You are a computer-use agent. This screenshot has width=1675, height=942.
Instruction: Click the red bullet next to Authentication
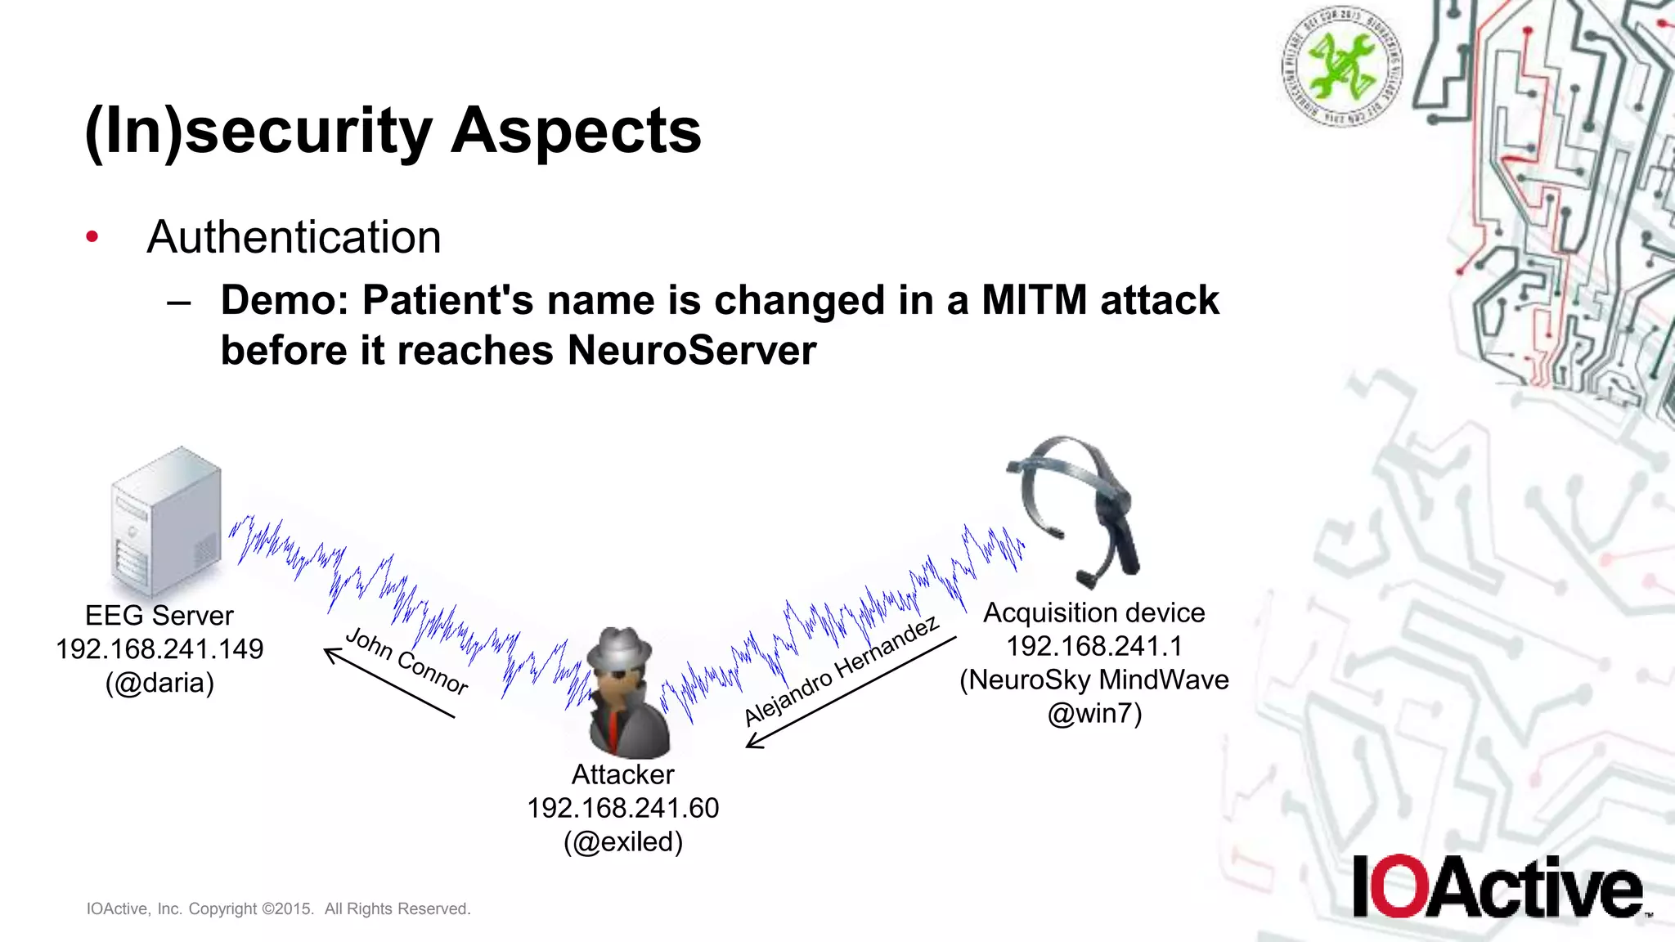[92, 237]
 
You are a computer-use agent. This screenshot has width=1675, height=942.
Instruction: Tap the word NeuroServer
[691, 351]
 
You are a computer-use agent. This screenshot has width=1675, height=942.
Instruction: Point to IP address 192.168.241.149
[159, 649]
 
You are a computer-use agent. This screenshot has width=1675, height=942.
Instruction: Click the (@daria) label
[159, 683]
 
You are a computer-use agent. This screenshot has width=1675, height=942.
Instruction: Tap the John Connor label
[406, 661]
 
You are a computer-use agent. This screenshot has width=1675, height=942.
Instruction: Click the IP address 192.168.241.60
[622, 808]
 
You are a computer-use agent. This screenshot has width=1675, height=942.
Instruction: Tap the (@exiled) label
[622, 841]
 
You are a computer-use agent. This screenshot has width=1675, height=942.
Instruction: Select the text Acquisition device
[1093, 612]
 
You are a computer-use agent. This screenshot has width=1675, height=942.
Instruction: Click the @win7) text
[1093, 714]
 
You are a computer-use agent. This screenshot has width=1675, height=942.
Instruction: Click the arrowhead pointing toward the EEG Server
[331, 653]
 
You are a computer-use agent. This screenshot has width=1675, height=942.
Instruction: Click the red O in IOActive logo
[1400, 886]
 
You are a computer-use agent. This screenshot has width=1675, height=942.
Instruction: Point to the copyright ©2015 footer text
[278, 908]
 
